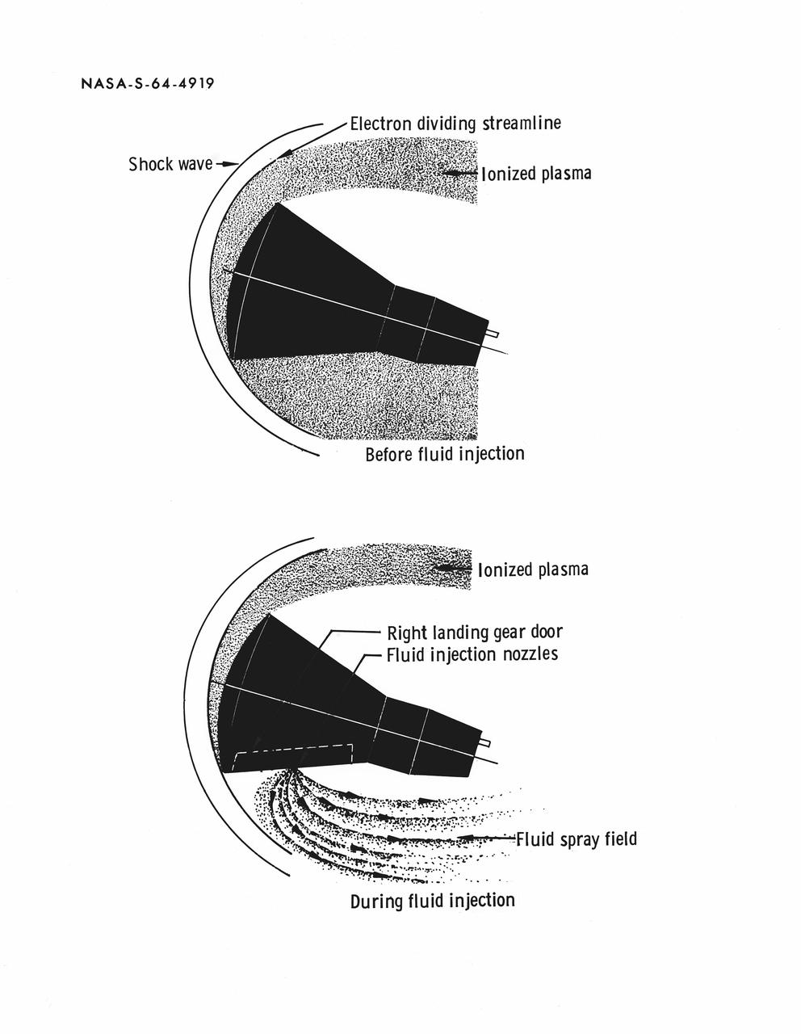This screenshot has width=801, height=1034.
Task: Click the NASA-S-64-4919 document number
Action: pyautogui.click(x=148, y=83)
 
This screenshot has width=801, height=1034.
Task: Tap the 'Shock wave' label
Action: pyautogui.click(x=170, y=164)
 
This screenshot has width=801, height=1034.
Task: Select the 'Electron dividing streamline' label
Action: pyautogui.click(x=455, y=124)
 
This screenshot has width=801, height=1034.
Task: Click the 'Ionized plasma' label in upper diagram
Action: pyautogui.click(x=536, y=174)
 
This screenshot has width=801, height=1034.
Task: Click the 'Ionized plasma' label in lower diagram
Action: pyautogui.click(x=533, y=570)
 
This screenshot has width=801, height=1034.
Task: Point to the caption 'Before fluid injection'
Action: pyautogui.click(x=444, y=454)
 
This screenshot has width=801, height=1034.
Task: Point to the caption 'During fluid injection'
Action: pyautogui.click(x=432, y=900)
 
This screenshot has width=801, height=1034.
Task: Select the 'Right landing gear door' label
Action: pyautogui.click(x=475, y=632)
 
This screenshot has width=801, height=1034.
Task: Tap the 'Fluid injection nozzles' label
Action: pyautogui.click(x=472, y=654)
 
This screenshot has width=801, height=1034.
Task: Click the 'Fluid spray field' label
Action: pyautogui.click(x=577, y=839)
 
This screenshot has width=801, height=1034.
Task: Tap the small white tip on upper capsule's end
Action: pyautogui.click(x=493, y=333)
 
